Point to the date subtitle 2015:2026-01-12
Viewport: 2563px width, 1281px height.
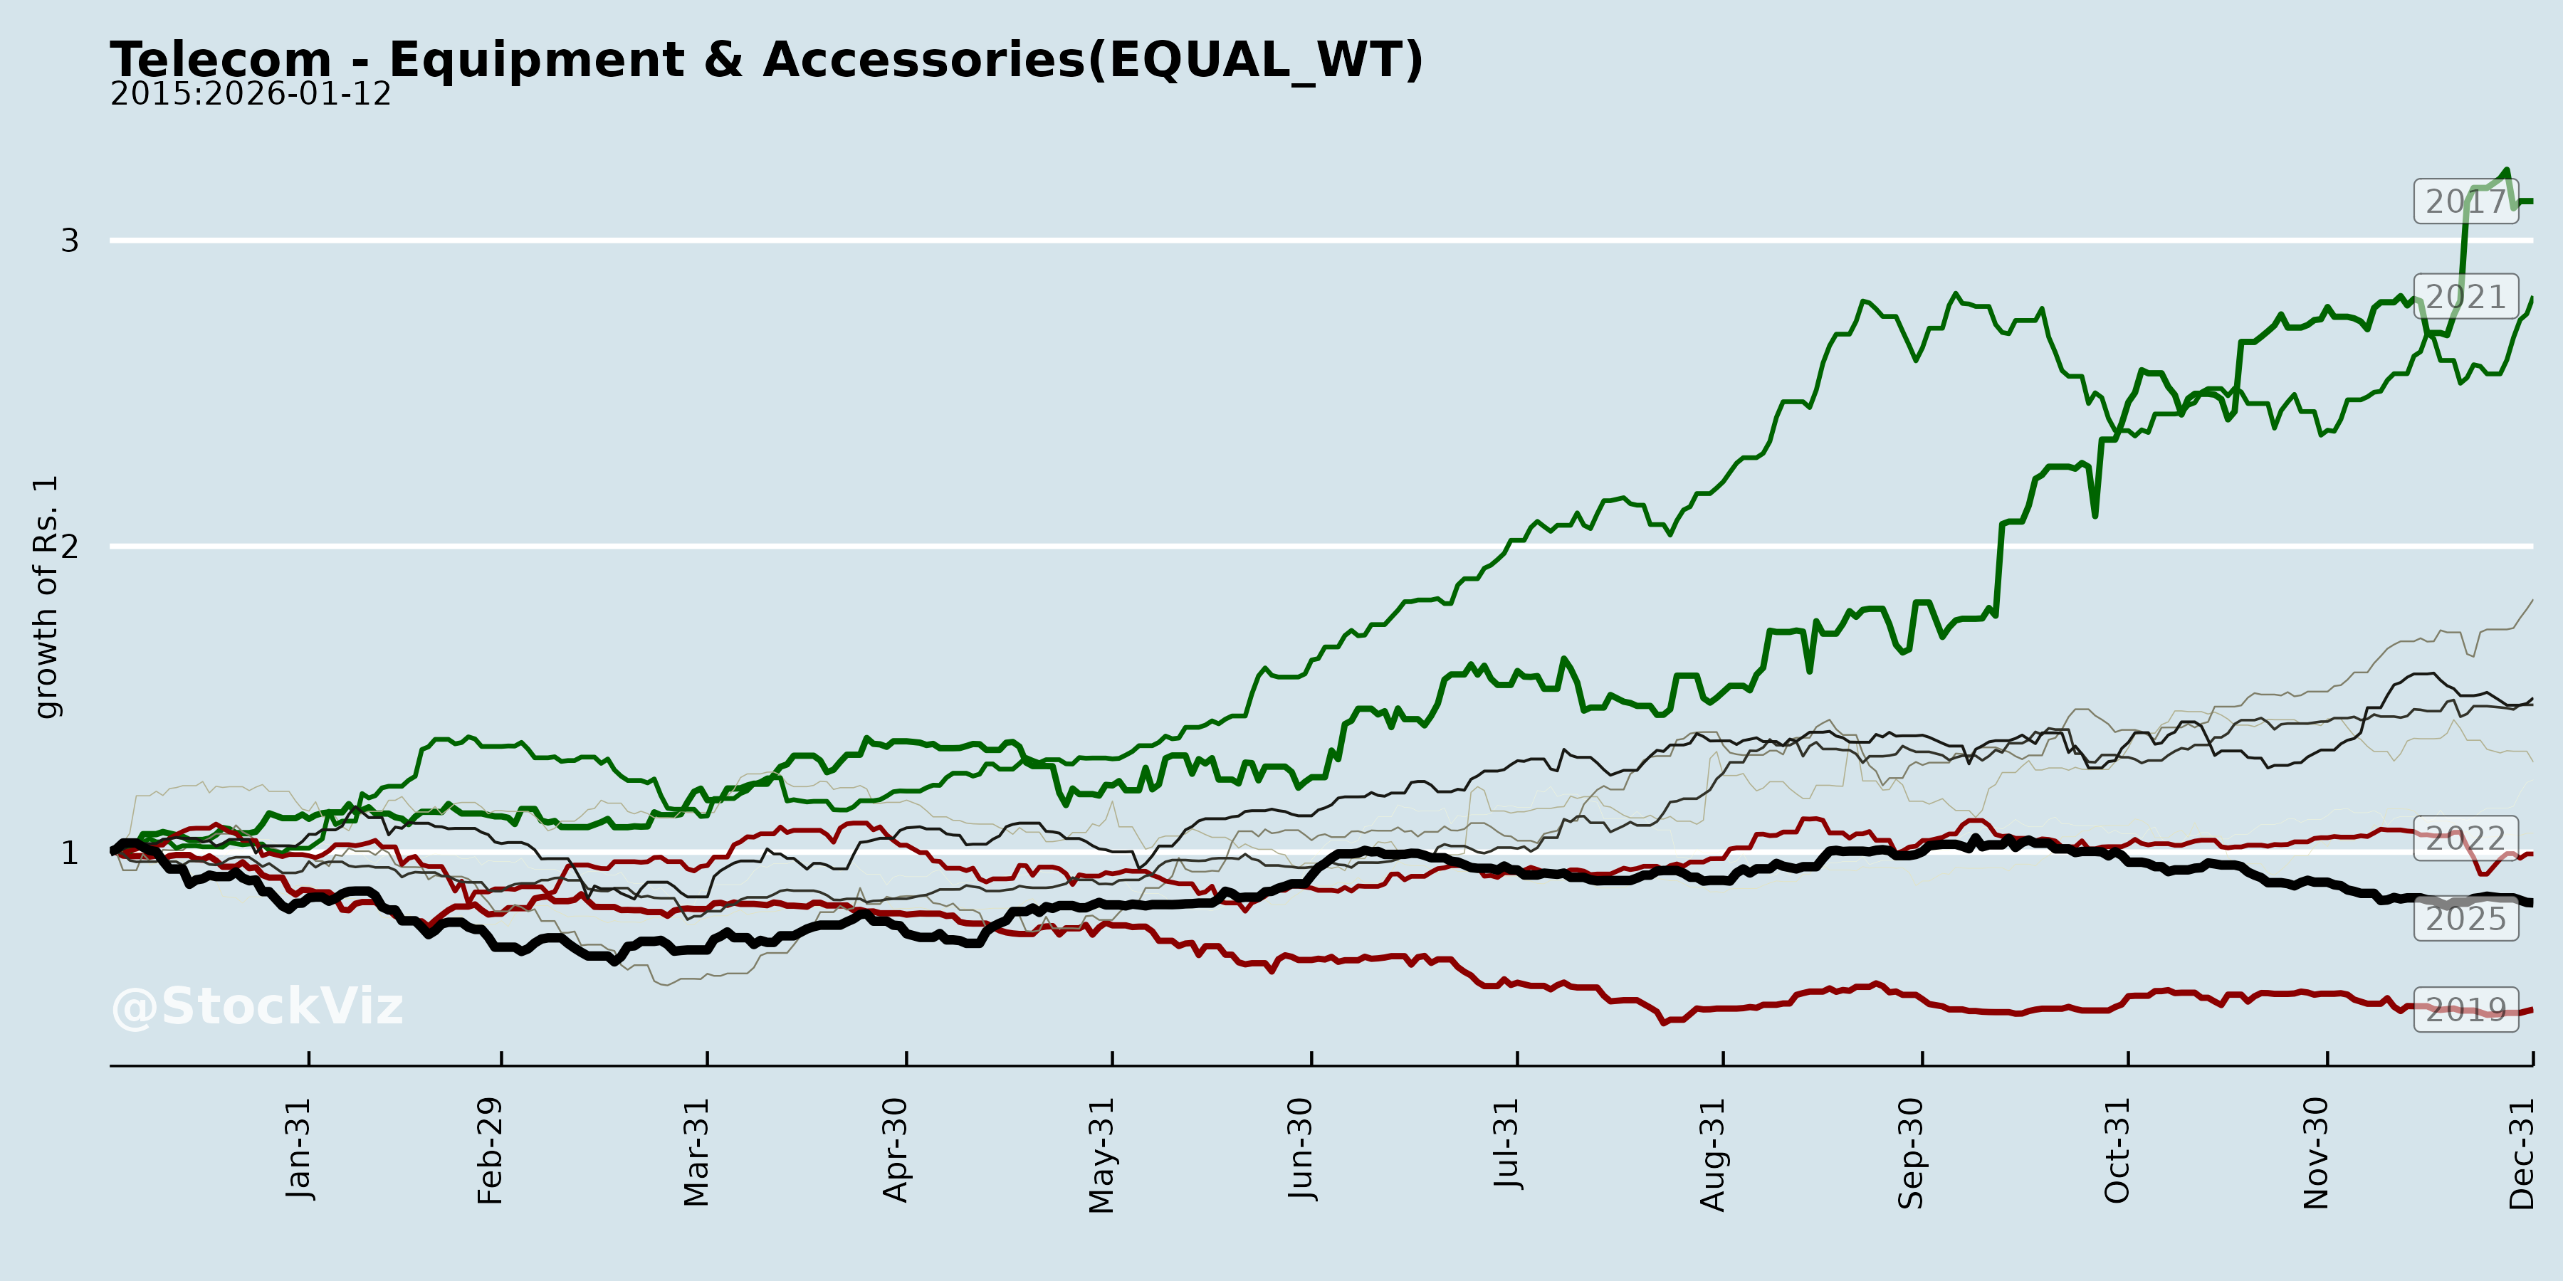pyautogui.click(x=250, y=95)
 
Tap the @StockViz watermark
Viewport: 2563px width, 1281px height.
pyautogui.click(x=257, y=1006)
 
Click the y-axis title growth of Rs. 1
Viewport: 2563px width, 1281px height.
pyautogui.click(x=46, y=597)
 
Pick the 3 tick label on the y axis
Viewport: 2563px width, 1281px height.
pyautogui.click(x=70, y=241)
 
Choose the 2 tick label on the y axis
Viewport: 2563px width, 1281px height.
pyautogui.click(x=70, y=546)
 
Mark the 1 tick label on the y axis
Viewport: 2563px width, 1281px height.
pyautogui.click(x=70, y=853)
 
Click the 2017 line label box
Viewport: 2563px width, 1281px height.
pyautogui.click(x=2465, y=202)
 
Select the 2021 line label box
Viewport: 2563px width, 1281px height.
pyautogui.click(x=2465, y=296)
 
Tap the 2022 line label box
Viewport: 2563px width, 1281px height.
pyautogui.click(x=2465, y=838)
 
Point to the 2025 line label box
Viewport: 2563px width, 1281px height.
pyautogui.click(x=2465, y=919)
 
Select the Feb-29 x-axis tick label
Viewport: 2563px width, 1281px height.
pyautogui.click(x=491, y=1151)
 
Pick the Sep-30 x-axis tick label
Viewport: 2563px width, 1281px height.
pyautogui.click(x=1912, y=1153)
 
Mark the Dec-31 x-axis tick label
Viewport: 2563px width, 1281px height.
pyautogui.click(x=2522, y=1153)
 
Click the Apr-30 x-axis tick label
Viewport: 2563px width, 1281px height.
pyautogui.click(x=896, y=1150)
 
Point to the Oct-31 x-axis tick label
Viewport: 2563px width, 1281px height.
pyautogui.click(x=2117, y=1151)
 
